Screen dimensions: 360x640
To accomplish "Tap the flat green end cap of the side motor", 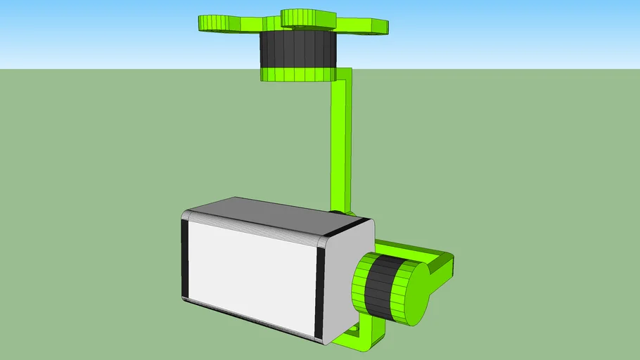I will click(x=416, y=295).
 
